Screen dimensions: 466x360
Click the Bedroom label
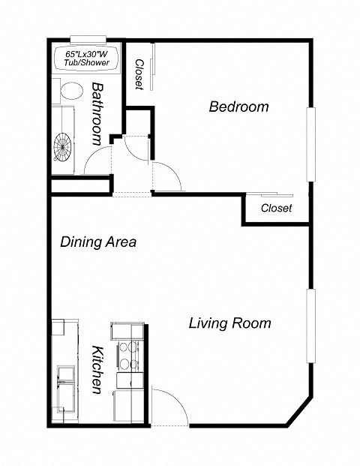click(x=238, y=107)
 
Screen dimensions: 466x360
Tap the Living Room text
click(x=229, y=323)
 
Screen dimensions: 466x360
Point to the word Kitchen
click(x=97, y=370)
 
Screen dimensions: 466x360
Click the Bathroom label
click(x=97, y=113)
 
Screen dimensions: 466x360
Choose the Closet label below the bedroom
click(x=276, y=208)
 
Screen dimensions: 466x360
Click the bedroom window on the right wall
click(x=310, y=144)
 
